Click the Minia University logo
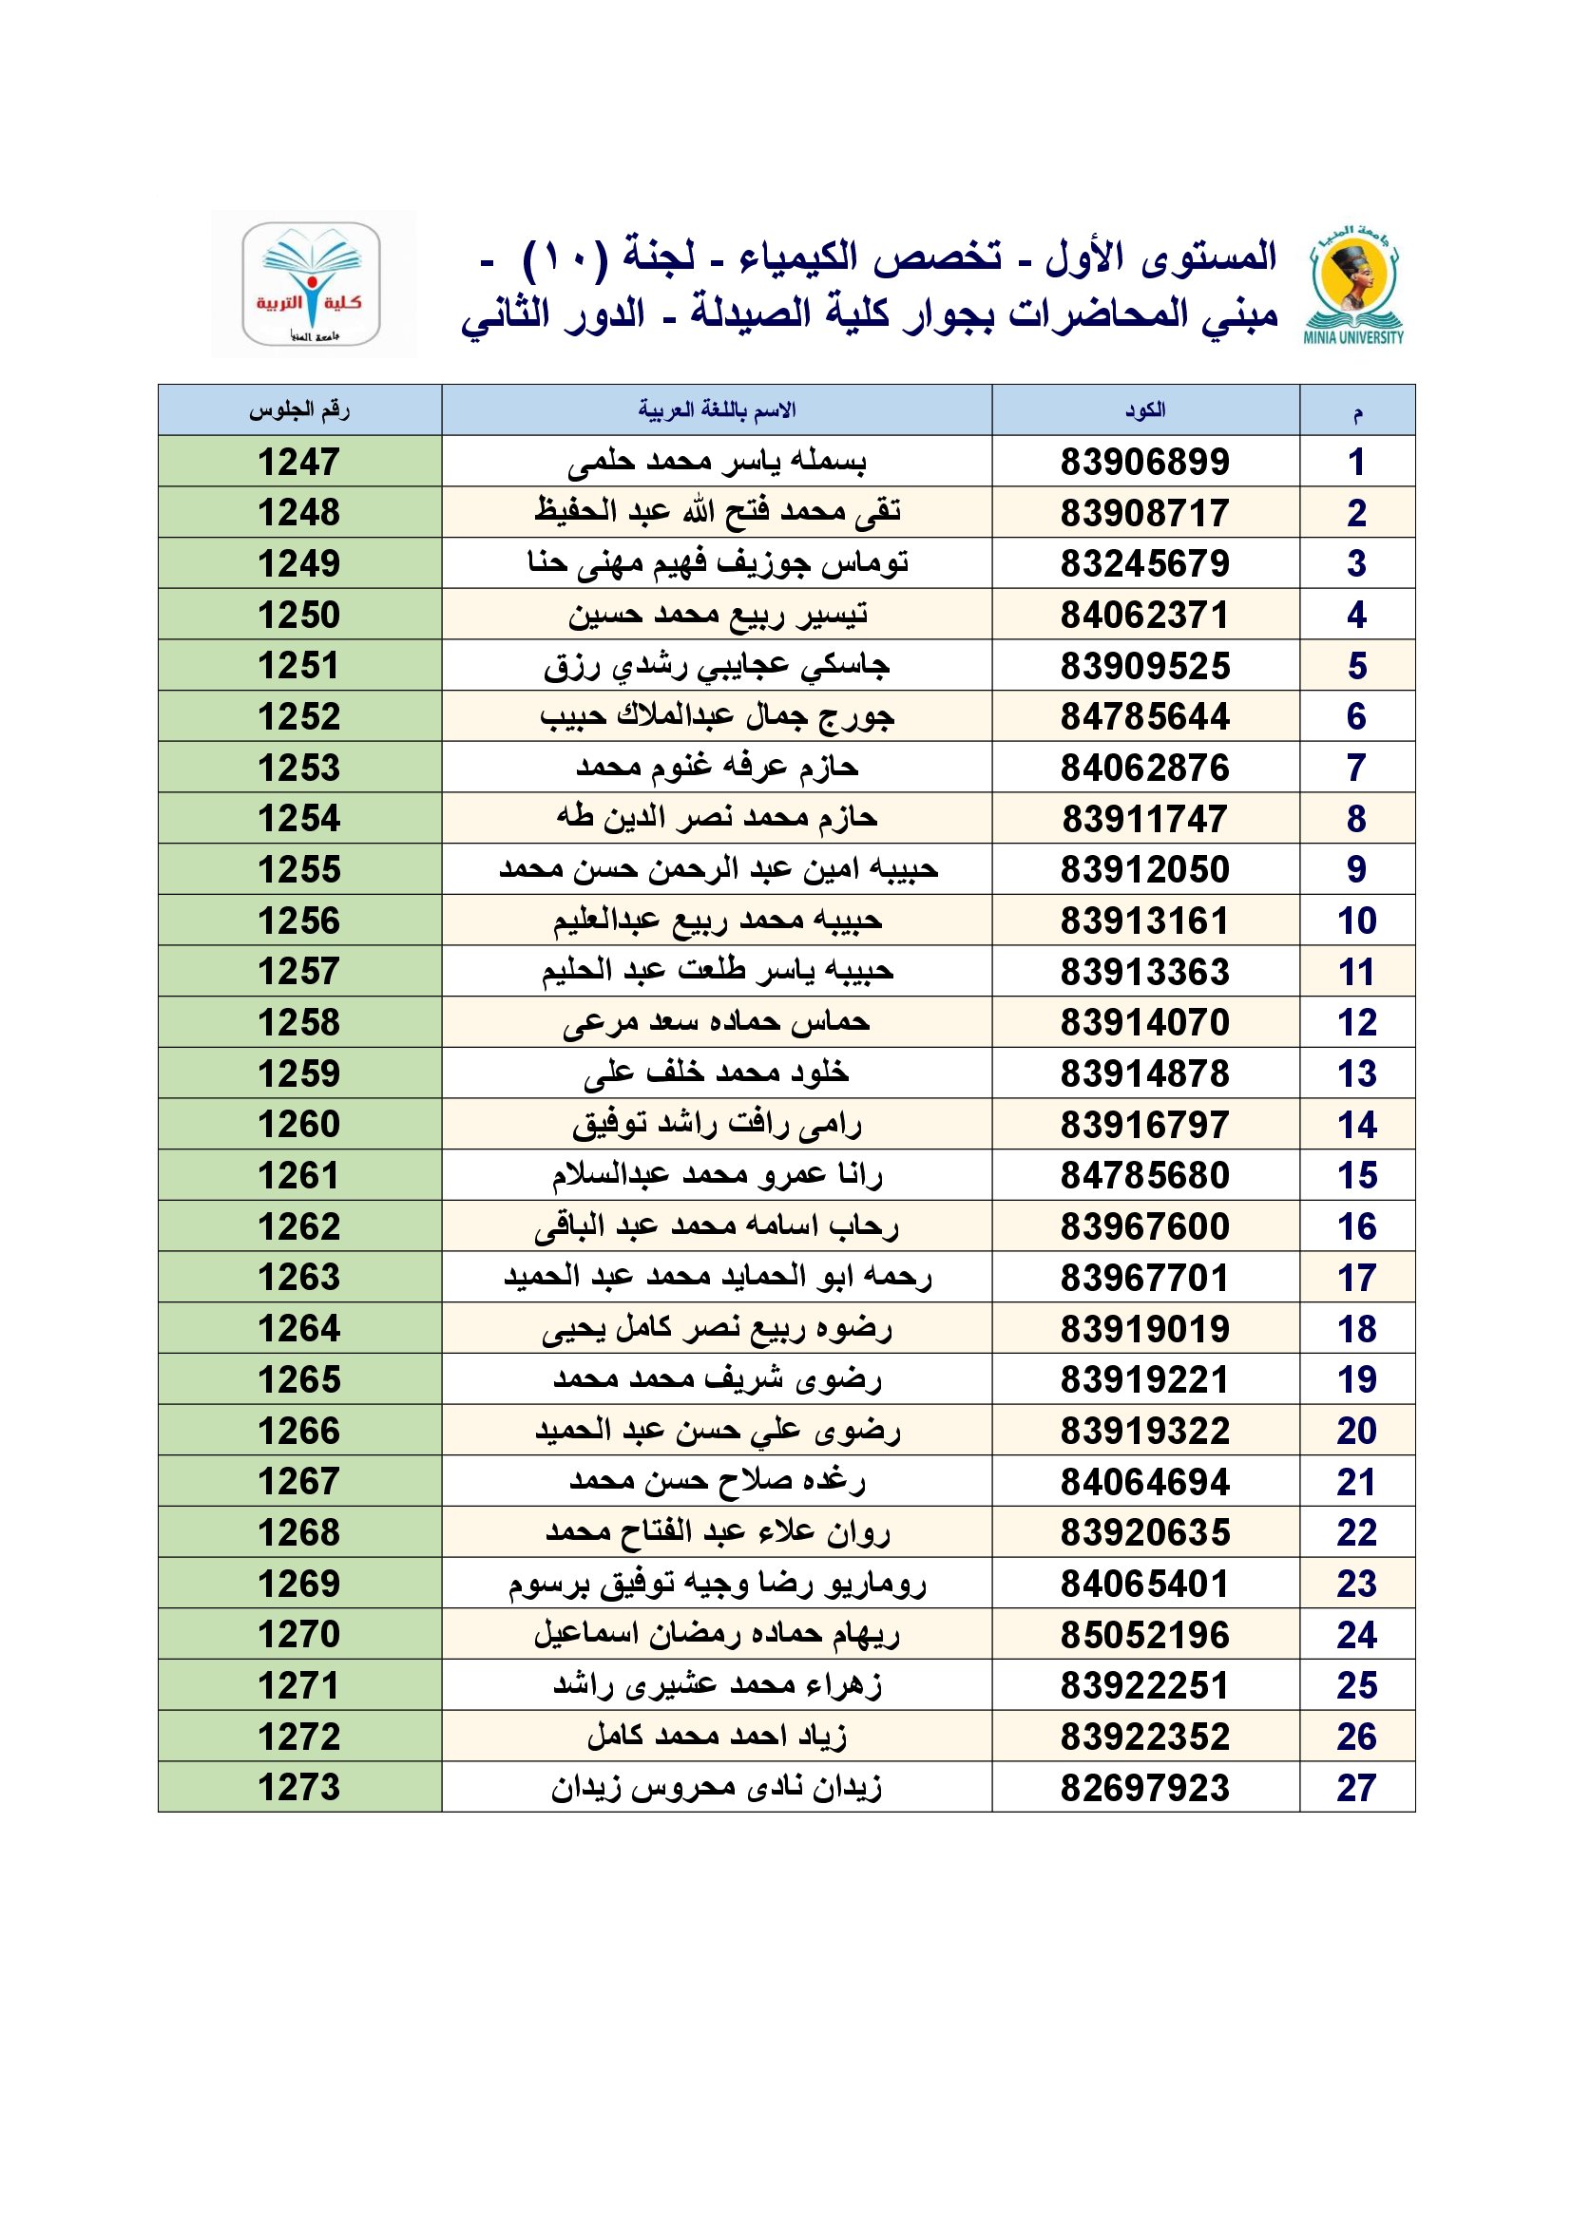(x=1353, y=283)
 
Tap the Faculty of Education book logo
(x=311, y=283)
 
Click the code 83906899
(x=1144, y=462)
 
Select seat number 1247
(x=299, y=462)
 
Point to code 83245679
(x=1144, y=563)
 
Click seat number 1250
(x=299, y=615)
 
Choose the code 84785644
(x=1144, y=716)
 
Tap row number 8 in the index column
(x=1356, y=819)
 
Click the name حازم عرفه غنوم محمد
(x=718, y=768)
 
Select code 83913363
(x=1144, y=972)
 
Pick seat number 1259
(x=299, y=1073)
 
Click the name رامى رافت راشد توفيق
(x=718, y=1125)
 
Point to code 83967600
(x=1144, y=1226)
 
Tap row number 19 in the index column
(x=1356, y=1379)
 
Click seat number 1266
(x=299, y=1431)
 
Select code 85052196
(x=1144, y=1635)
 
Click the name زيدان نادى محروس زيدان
(x=718, y=1788)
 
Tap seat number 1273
(x=299, y=1788)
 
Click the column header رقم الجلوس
(x=299, y=410)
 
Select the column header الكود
(x=1144, y=410)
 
